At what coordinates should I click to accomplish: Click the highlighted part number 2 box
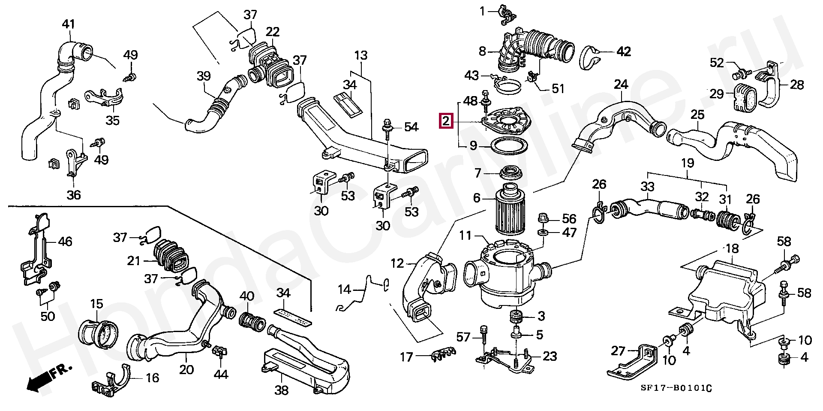coord(446,121)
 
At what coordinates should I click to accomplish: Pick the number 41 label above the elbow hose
coord(69,24)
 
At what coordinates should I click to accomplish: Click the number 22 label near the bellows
coord(272,32)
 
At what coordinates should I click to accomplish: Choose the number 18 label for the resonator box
coord(732,249)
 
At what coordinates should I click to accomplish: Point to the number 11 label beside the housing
coord(466,236)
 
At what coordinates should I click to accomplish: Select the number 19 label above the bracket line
coord(688,163)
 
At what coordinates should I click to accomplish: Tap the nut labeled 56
coord(542,218)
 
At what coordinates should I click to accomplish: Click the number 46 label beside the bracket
coord(65,242)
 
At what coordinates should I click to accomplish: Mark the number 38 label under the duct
coord(282,390)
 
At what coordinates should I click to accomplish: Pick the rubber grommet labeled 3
coord(516,317)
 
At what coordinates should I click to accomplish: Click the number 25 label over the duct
coord(697,115)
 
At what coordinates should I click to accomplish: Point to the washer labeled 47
coord(542,233)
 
